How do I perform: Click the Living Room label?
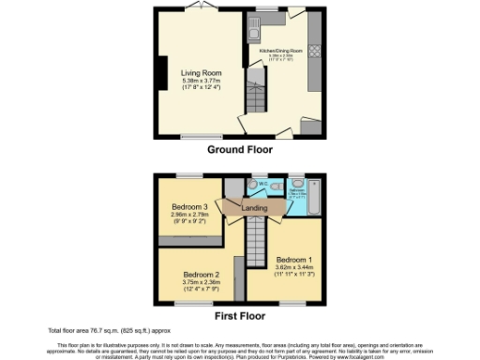coord(201,72)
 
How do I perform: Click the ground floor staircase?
coord(255,98)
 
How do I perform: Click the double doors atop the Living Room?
coord(196,8)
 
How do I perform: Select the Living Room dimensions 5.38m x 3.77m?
coord(201,81)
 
